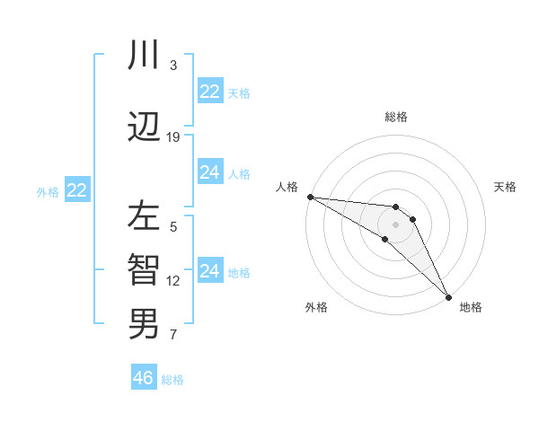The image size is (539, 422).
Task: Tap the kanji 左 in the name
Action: coord(144,217)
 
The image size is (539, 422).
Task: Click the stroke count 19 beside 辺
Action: coord(173,137)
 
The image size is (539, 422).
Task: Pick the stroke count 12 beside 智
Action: coord(173,281)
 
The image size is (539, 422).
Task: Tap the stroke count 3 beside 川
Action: coord(173,66)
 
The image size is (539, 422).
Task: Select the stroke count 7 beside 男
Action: coord(173,336)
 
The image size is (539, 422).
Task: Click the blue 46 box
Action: coord(144,378)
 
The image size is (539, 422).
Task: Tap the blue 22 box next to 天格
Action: coord(209,92)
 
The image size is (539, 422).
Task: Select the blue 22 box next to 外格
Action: coord(77,190)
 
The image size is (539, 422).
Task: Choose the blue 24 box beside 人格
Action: coord(209,172)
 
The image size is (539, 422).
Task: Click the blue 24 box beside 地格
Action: coord(209,271)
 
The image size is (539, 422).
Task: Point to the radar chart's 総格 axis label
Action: coord(395,117)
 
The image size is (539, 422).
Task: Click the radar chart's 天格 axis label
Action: coord(505,187)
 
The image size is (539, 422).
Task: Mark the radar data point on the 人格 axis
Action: coord(309,197)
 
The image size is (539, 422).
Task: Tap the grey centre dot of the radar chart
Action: coord(395,224)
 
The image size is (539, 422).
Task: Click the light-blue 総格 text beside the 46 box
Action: coord(172,380)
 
